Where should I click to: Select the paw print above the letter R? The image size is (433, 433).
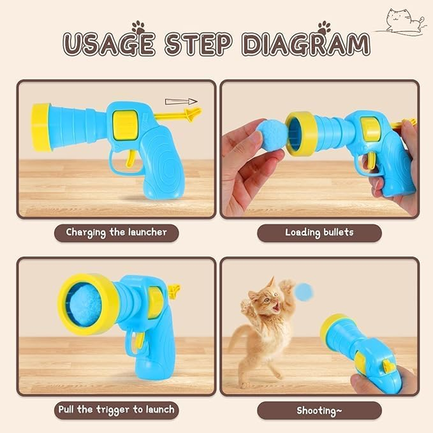click(324, 27)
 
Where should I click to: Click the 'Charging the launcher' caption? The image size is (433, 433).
click(116, 233)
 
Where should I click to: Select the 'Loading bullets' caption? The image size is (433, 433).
click(319, 233)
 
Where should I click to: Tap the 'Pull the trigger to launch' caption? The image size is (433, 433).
click(116, 410)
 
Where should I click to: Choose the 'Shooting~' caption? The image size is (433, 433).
click(319, 410)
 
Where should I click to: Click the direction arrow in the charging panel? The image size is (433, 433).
click(181, 101)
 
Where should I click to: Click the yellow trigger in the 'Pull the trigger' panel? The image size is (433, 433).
click(139, 339)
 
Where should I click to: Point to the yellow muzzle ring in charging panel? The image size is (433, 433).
click(41, 127)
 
